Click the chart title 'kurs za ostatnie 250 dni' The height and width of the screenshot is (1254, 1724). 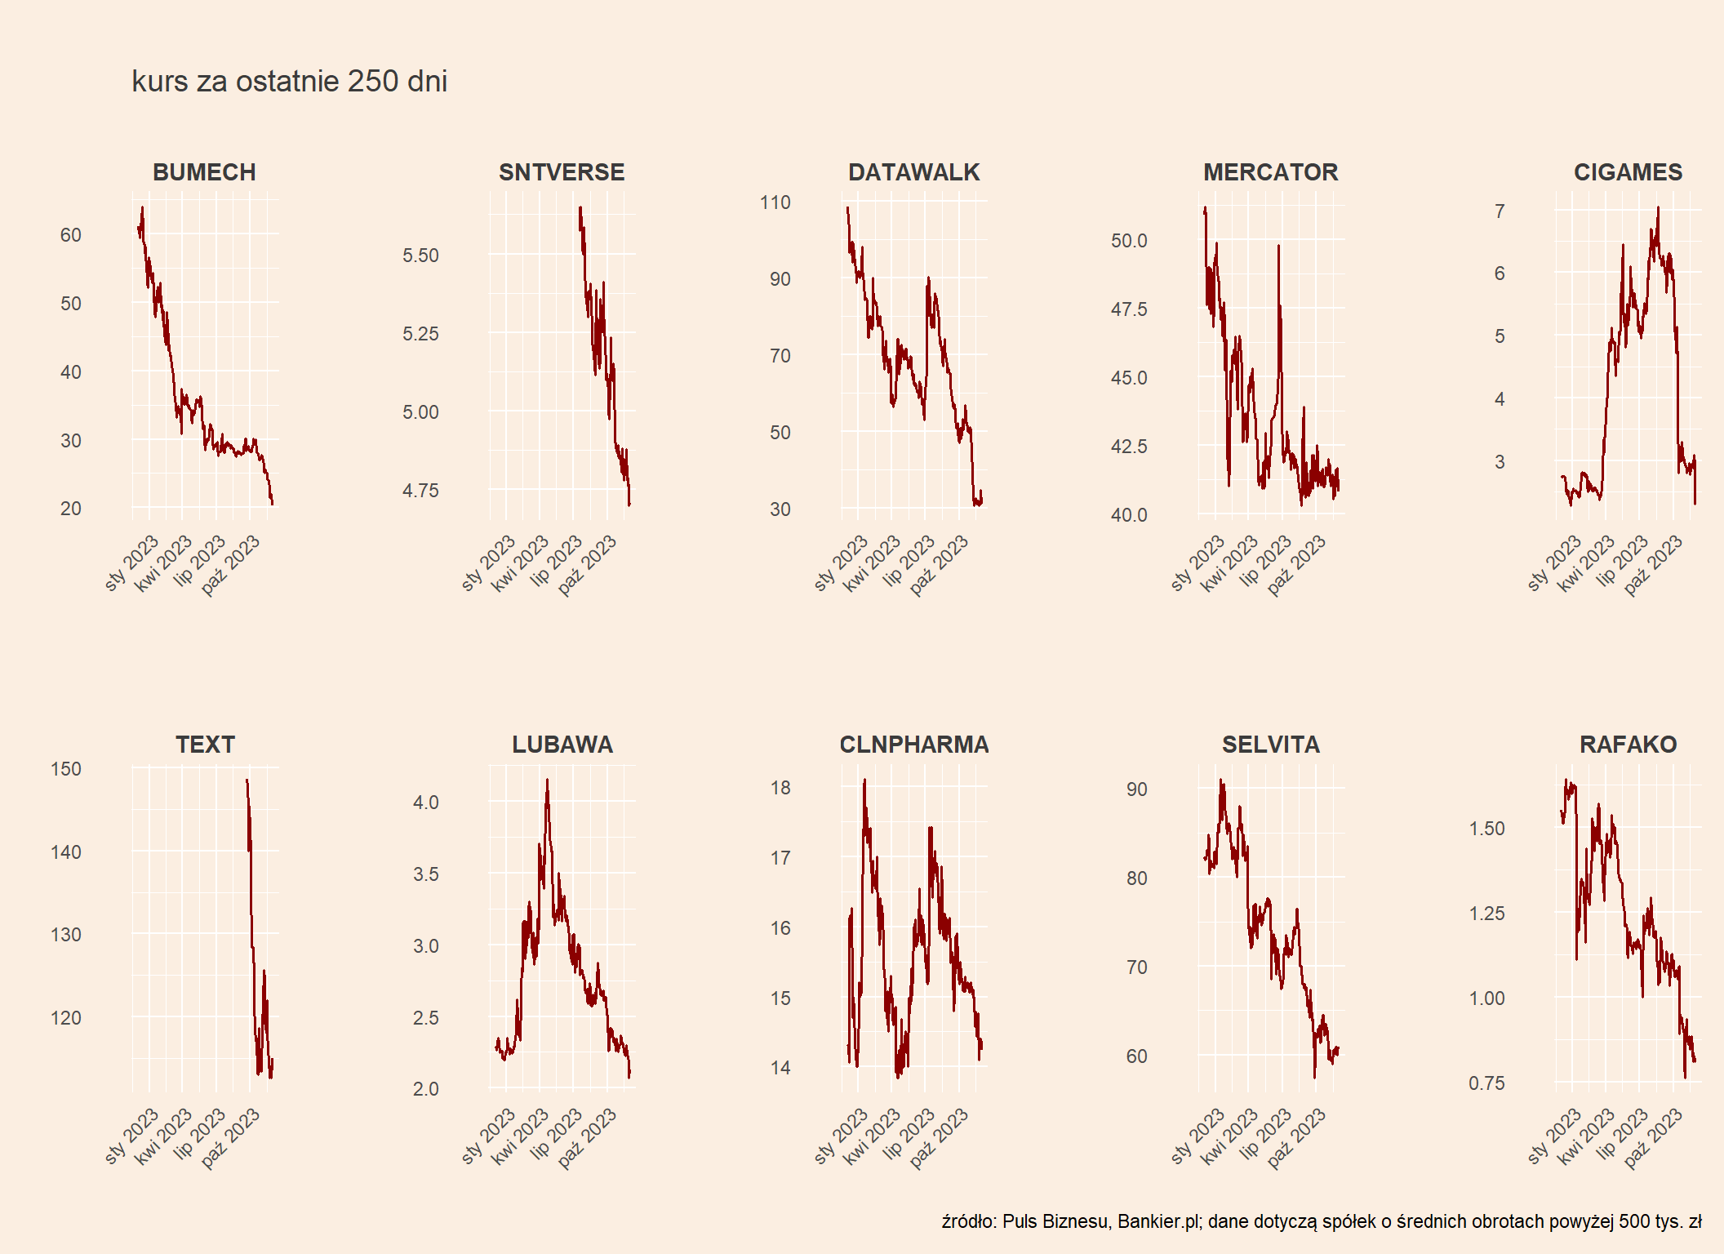tap(289, 82)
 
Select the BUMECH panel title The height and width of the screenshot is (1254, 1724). tap(204, 172)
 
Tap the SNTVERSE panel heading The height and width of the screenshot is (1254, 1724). tap(562, 172)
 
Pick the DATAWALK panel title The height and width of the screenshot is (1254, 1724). tap(913, 172)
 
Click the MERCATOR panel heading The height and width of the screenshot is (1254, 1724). tap(1270, 172)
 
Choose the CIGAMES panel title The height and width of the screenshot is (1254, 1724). tap(1628, 172)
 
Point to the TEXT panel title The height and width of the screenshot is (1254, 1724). tap(205, 745)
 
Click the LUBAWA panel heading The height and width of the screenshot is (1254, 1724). tap(562, 745)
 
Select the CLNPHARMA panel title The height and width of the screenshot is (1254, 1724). tap(913, 745)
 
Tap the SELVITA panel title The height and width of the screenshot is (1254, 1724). tap(1270, 745)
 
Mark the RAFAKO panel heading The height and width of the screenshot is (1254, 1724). tap(1628, 745)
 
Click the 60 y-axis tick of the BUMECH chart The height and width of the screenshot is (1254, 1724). tap(71, 235)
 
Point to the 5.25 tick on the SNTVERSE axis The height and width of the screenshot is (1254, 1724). tap(420, 334)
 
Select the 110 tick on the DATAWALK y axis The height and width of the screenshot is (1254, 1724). tap(775, 202)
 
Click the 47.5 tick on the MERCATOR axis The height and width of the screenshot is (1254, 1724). tap(1129, 309)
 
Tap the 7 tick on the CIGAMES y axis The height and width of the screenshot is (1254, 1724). tap(1500, 211)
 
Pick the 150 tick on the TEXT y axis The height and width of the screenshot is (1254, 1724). tap(66, 769)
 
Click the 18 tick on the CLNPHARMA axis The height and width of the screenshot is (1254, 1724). tap(780, 788)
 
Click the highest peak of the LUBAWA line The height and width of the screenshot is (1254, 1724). tap(547, 780)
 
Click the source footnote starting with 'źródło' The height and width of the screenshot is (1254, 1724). tap(1321, 1221)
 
